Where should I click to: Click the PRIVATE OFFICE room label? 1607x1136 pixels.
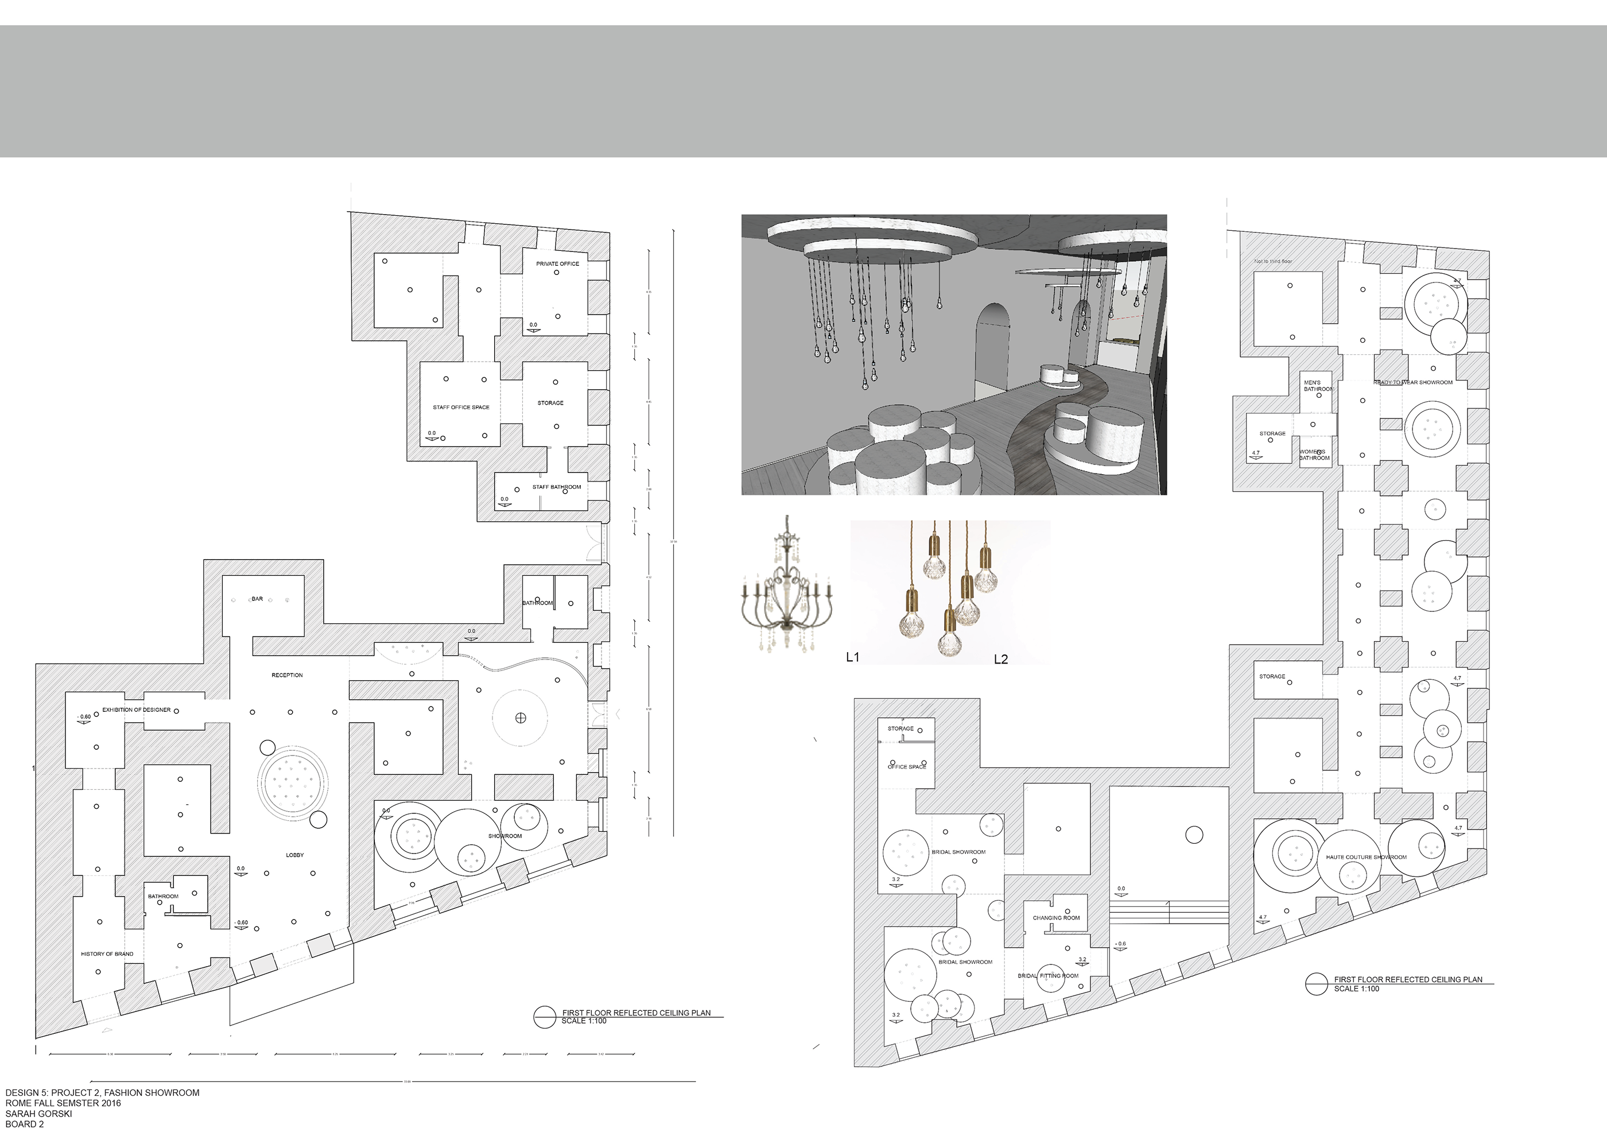[x=557, y=264]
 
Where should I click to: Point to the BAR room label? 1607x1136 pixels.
[x=257, y=599]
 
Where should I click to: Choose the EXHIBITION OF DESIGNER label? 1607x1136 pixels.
[x=137, y=709]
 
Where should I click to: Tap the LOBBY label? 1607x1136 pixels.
[x=294, y=855]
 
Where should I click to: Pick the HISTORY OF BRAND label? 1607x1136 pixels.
[x=107, y=954]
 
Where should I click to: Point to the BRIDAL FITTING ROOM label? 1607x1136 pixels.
[x=1048, y=976]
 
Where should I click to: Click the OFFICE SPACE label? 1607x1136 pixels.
[x=906, y=767]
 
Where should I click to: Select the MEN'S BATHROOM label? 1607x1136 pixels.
[x=1317, y=386]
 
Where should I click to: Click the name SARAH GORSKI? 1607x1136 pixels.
[x=38, y=1114]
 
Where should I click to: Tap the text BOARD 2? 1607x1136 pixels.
[x=25, y=1124]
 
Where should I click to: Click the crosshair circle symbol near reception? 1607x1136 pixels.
[x=520, y=718]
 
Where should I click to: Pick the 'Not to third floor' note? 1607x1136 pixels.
[x=1273, y=261]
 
